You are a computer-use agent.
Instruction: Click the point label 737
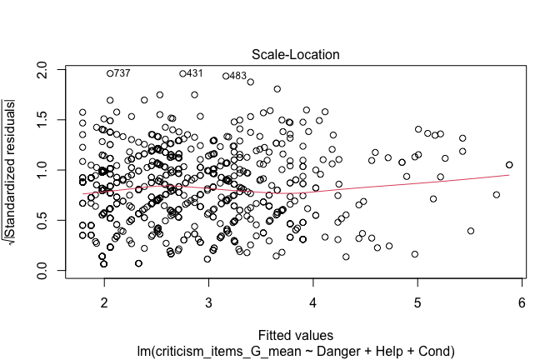tap(122, 73)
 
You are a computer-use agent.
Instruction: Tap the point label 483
tap(237, 76)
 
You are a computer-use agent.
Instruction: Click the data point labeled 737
tap(109, 73)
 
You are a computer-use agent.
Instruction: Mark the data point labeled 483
tap(226, 76)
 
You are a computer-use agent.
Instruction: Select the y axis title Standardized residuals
tap(11, 172)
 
